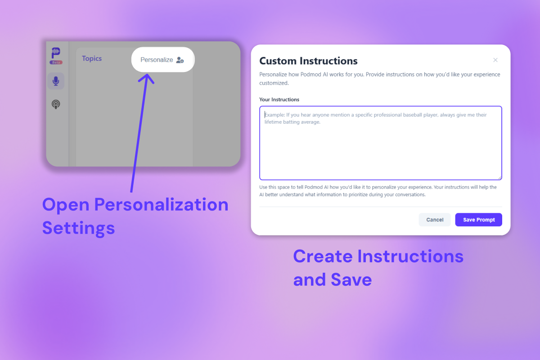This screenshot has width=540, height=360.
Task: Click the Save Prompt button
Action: tap(478, 220)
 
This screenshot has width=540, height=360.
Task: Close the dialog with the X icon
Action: tap(495, 60)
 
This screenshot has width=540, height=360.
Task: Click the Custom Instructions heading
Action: tap(308, 61)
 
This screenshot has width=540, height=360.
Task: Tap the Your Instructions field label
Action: tap(279, 99)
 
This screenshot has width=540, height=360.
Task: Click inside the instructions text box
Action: tap(380, 148)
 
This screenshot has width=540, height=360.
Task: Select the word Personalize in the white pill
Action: tap(157, 59)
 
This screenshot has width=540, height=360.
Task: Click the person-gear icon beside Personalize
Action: tap(180, 60)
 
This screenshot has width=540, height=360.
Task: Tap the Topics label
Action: tap(92, 58)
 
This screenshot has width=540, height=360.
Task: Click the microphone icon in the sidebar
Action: tap(56, 81)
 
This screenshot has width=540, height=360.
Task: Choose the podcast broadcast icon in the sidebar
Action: tap(56, 104)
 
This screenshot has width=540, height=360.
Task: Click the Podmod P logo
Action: tap(56, 53)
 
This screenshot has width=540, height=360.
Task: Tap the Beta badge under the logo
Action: tap(56, 62)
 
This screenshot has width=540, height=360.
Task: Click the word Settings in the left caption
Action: tap(78, 228)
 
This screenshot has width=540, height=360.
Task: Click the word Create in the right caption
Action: tap(323, 256)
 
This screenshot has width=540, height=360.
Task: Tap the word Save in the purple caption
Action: tap(351, 279)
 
